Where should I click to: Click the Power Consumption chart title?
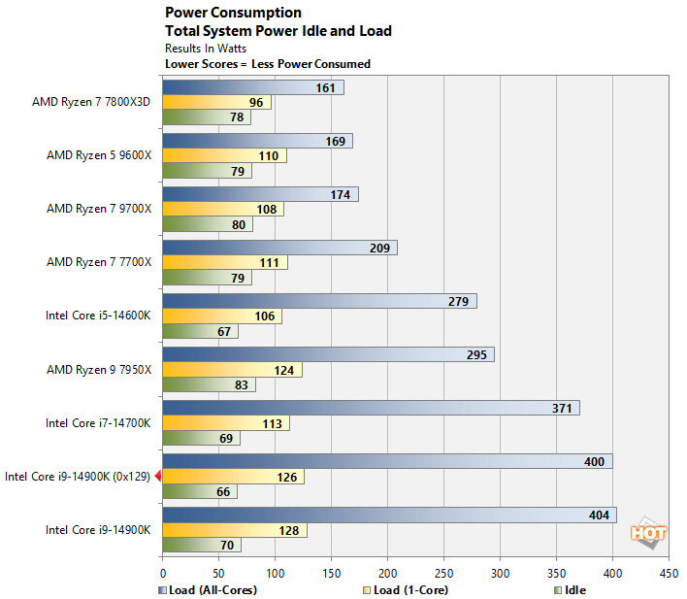tap(234, 13)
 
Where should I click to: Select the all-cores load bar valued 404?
tap(388, 515)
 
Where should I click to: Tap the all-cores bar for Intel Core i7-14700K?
tap(370, 408)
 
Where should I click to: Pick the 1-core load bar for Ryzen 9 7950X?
tap(232, 370)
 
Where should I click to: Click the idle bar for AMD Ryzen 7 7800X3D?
tap(206, 117)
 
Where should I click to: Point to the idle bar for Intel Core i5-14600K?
tap(200, 331)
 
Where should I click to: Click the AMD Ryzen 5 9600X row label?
tap(99, 155)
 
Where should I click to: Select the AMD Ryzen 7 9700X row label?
tap(99, 209)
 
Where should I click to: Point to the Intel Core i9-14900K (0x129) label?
tap(77, 476)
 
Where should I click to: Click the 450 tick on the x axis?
tap(669, 573)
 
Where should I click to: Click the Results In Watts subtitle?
tap(207, 48)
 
